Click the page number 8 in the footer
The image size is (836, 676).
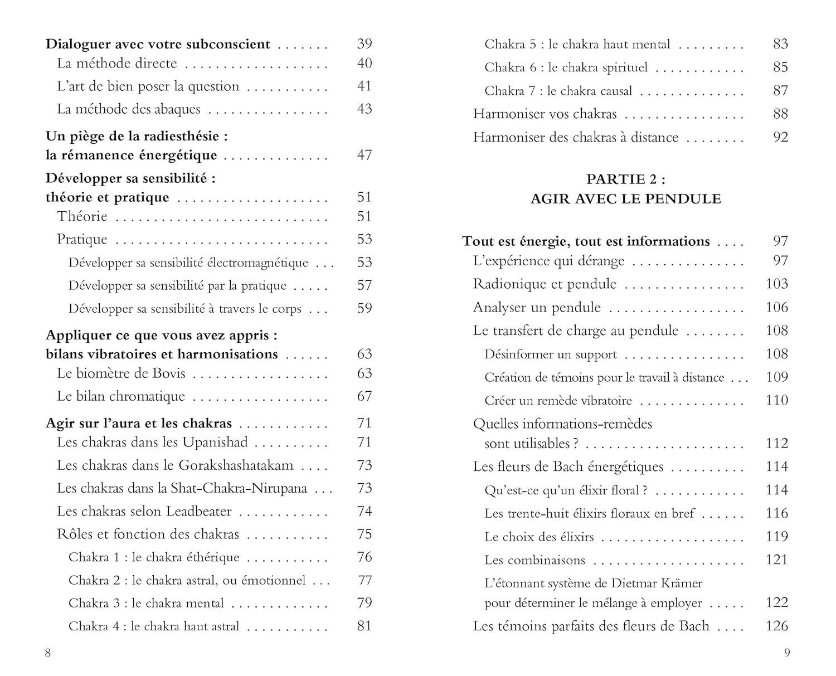(x=48, y=653)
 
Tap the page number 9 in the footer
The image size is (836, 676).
(x=787, y=653)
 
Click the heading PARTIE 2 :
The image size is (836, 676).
(x=625, y=179)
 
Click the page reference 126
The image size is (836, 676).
(x=777, y=626)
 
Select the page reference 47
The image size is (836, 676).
(x=364, y=155)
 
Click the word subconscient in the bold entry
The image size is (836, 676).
(x=228, y=44)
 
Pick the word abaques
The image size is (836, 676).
(x=178, y=109)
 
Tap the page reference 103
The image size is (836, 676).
(x=777, y=284)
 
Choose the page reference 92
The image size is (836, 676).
(x=780, y=137)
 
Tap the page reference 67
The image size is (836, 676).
(x=364, y=396)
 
